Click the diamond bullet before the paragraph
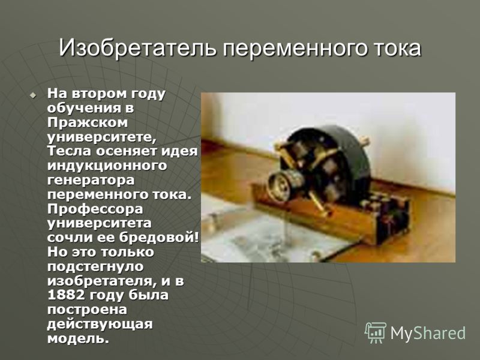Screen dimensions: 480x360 tap(32, 95)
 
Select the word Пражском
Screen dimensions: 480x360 tap(88, 122)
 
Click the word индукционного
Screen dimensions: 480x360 tap(107, 166)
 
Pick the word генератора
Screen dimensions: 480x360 tap(91, 181)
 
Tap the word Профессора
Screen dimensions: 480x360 tap(95, 209)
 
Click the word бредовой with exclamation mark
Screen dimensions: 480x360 tap(159, 237)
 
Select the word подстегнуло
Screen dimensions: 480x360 tap(95, 266)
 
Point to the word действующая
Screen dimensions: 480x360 tap(100, 324)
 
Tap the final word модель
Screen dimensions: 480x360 tap(78, 338)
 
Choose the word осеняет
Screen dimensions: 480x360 tap(127, 151)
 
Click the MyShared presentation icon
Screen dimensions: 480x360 tap(376, 333)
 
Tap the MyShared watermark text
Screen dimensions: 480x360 tap(428, 333)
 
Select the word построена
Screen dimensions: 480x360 tap(87, 310)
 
